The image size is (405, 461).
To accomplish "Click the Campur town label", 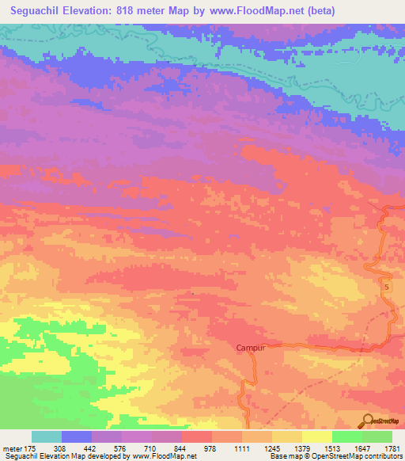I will click(249, 347).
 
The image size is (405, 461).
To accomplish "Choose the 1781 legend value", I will click(391, 448).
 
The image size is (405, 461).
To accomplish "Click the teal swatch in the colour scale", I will click(47, 436).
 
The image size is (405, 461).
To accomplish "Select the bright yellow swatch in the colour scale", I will click(317, 436).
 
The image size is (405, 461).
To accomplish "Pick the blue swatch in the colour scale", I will click(77, 436).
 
